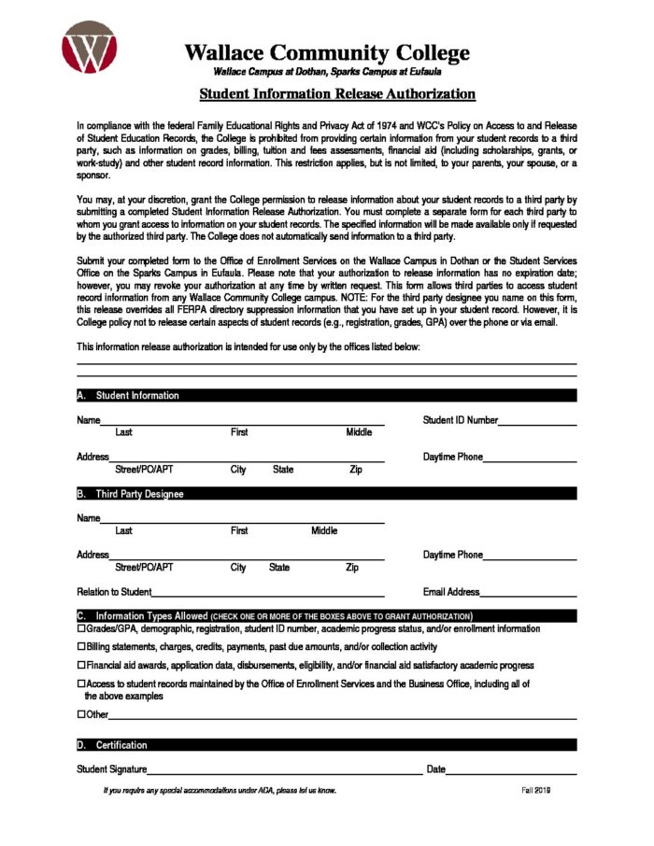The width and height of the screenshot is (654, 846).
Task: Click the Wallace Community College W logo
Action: (x=89, y=48)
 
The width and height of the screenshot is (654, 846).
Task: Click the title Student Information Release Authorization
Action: (x=337, y=94)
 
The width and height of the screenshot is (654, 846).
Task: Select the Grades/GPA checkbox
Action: (x=80, y=629)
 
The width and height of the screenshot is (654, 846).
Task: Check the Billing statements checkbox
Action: (x=80, y=647)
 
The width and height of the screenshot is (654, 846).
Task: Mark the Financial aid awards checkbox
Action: (x=80, y=666)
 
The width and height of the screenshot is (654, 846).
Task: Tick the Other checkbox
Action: (x=80, y=714)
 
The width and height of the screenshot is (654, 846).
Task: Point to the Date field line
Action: (x=511, y=771)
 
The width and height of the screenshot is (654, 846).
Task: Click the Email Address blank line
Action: (x=528, y=594)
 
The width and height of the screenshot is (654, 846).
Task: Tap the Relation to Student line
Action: (x=268, y=594)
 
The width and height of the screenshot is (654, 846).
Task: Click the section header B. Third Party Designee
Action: (x=139, y=494)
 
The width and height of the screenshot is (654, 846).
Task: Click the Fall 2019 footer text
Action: (x=535, y=791)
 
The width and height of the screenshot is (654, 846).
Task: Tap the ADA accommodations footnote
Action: (x=220, y=791)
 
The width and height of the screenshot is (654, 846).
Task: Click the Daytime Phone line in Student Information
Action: (x=530, y=459)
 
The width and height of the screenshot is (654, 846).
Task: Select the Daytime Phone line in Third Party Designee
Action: (x=530, y=557)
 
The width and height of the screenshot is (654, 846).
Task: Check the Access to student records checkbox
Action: (x=80, y=684)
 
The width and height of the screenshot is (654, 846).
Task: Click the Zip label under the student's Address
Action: (x=356, y=470)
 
